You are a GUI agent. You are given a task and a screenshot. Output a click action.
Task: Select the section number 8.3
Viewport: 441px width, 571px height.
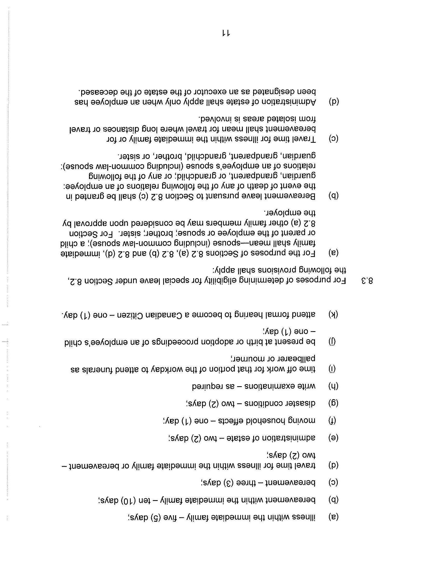pyautogui.click(x=367, y=281)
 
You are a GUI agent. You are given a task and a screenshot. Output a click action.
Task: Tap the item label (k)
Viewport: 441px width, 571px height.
pyautogui.click(x=333, y=314)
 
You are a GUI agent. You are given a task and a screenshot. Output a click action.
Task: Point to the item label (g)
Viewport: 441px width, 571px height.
pyautogui.click(x=333, y=403)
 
